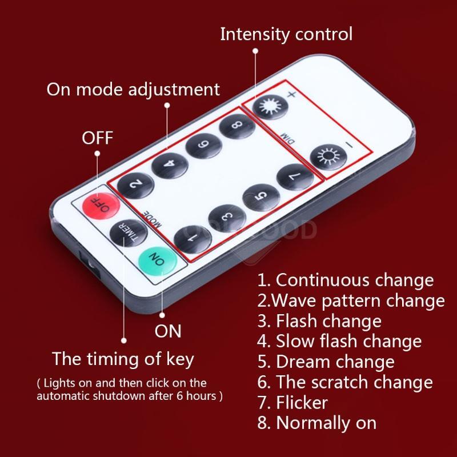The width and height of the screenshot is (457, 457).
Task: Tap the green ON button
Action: [158, 261]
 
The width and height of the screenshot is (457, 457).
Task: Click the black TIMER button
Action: [129, 233]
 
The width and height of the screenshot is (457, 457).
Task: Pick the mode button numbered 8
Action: [237, 126]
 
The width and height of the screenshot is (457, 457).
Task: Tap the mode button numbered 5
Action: [261, 197]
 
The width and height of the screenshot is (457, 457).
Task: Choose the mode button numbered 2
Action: [135, 185]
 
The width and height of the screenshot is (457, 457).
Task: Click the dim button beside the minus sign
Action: [328, 158]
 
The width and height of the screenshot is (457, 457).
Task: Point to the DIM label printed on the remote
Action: [287, 139]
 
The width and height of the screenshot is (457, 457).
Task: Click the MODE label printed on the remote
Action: [151, 219]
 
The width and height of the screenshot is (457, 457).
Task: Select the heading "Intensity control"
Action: [286, 34]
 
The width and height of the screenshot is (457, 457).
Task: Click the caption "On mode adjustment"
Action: [133, 89]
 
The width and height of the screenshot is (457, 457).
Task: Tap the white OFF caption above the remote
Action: [97, 138]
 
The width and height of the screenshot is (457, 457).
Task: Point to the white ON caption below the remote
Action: [168, 331]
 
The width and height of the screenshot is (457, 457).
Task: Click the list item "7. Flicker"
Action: [292, 403]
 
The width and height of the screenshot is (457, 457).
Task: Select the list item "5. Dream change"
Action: [326, 362]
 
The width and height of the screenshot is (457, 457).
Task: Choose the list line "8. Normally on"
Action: [317, 423]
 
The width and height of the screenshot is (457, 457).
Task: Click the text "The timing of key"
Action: [123, 359]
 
